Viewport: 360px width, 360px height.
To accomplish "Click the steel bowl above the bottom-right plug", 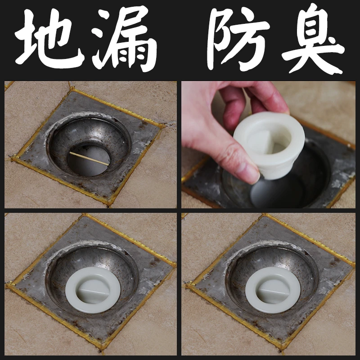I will click(272, 256).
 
